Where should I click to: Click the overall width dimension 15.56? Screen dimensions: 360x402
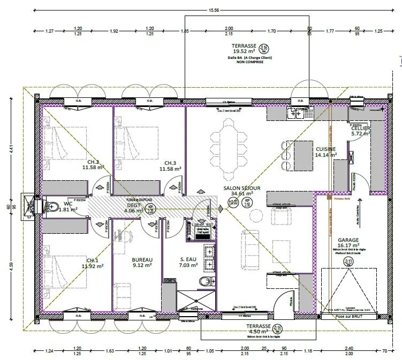click(x=214, y=10)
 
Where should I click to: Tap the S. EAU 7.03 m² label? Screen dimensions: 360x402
click(x=188, y=262)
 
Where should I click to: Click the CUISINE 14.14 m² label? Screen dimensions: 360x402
click(x=325, y=152)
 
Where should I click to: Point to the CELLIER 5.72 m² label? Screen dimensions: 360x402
click(x=361, y=132)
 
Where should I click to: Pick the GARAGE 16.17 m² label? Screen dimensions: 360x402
click(x=348, y=243)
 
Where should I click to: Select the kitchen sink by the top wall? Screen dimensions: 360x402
click(x=295, y=113)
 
